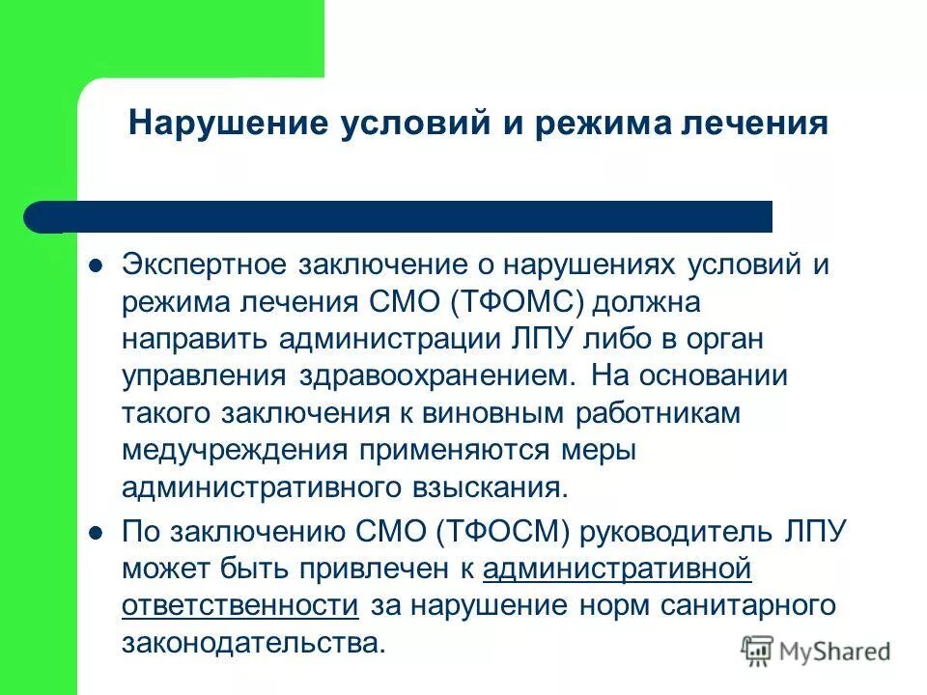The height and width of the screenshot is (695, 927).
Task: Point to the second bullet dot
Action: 95,531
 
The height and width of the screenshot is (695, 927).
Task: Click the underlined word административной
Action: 617,569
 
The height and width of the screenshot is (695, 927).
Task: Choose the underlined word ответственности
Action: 240,605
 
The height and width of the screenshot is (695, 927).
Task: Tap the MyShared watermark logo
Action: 816,652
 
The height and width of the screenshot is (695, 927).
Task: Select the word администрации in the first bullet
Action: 400,339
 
